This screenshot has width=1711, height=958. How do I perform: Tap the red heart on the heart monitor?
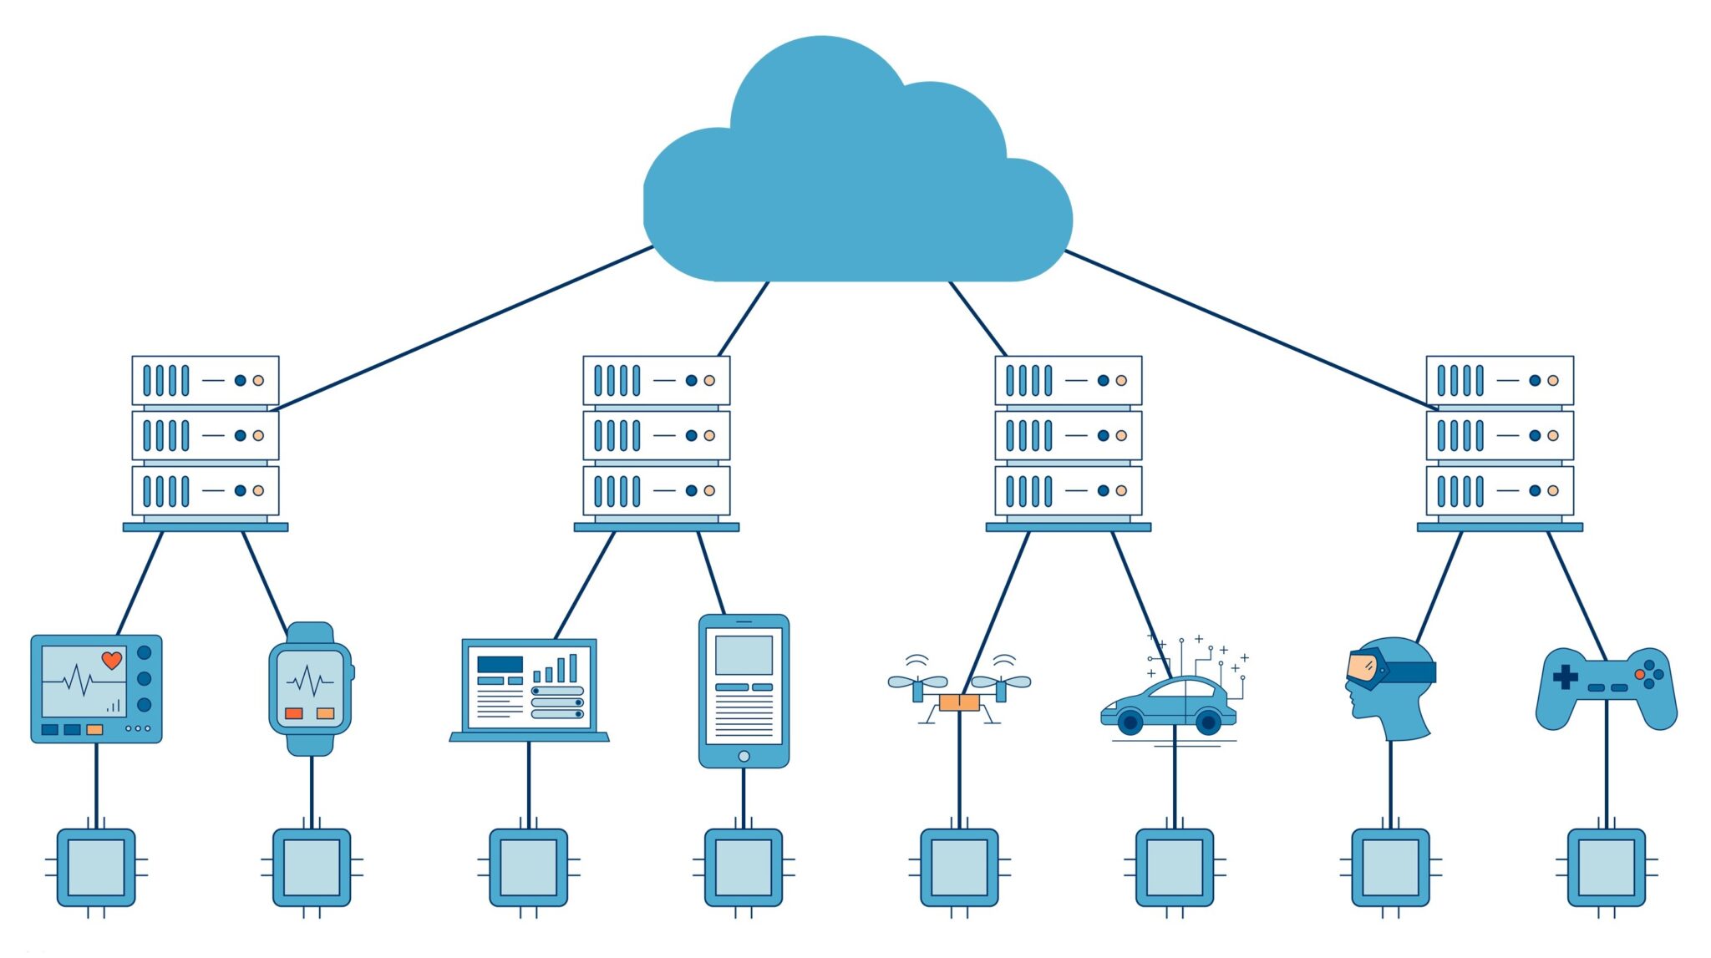[111, 661]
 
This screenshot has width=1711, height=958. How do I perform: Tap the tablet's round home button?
[744, 756]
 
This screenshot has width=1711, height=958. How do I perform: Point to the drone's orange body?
[959, 702]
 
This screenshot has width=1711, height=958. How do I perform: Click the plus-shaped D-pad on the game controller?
[1565, 677]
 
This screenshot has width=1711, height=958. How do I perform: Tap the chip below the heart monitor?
[96, 867]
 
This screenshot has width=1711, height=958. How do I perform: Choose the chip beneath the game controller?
[1606, 867]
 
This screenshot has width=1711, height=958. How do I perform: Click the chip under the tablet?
[744, 867]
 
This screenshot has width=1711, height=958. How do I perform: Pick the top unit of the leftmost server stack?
[206, 380]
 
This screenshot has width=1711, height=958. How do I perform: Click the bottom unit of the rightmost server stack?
[1500, 490]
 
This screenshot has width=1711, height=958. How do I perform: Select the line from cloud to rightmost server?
[1253, 330]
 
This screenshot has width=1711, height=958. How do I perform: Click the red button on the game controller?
[1640, 674]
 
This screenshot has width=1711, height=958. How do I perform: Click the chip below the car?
[1175, 867]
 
